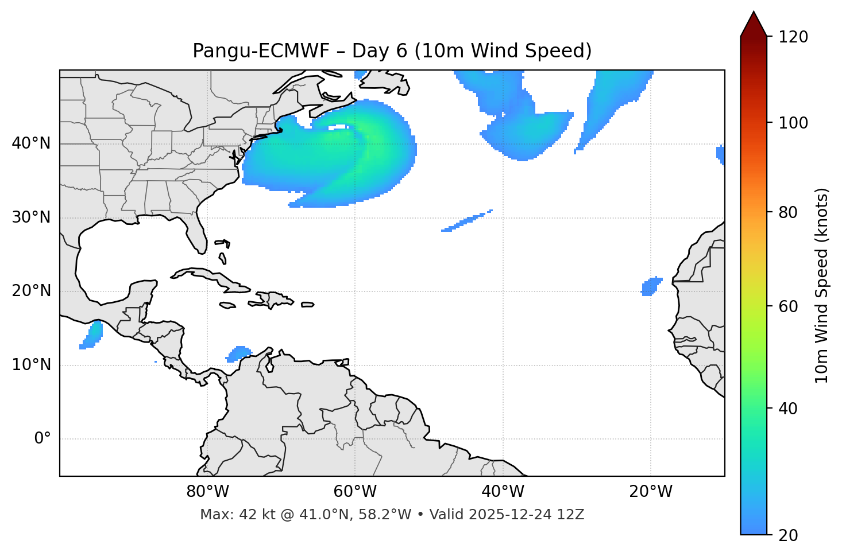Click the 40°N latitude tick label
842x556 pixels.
31,143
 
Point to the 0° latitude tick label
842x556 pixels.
43,439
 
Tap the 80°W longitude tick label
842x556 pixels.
207,492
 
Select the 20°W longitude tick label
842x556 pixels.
651,492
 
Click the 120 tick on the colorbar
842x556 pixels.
793,37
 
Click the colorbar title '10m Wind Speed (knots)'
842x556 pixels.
822,285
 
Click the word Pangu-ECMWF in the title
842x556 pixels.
261,51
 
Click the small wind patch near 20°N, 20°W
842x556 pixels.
651,286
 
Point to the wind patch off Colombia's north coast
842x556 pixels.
239,353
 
